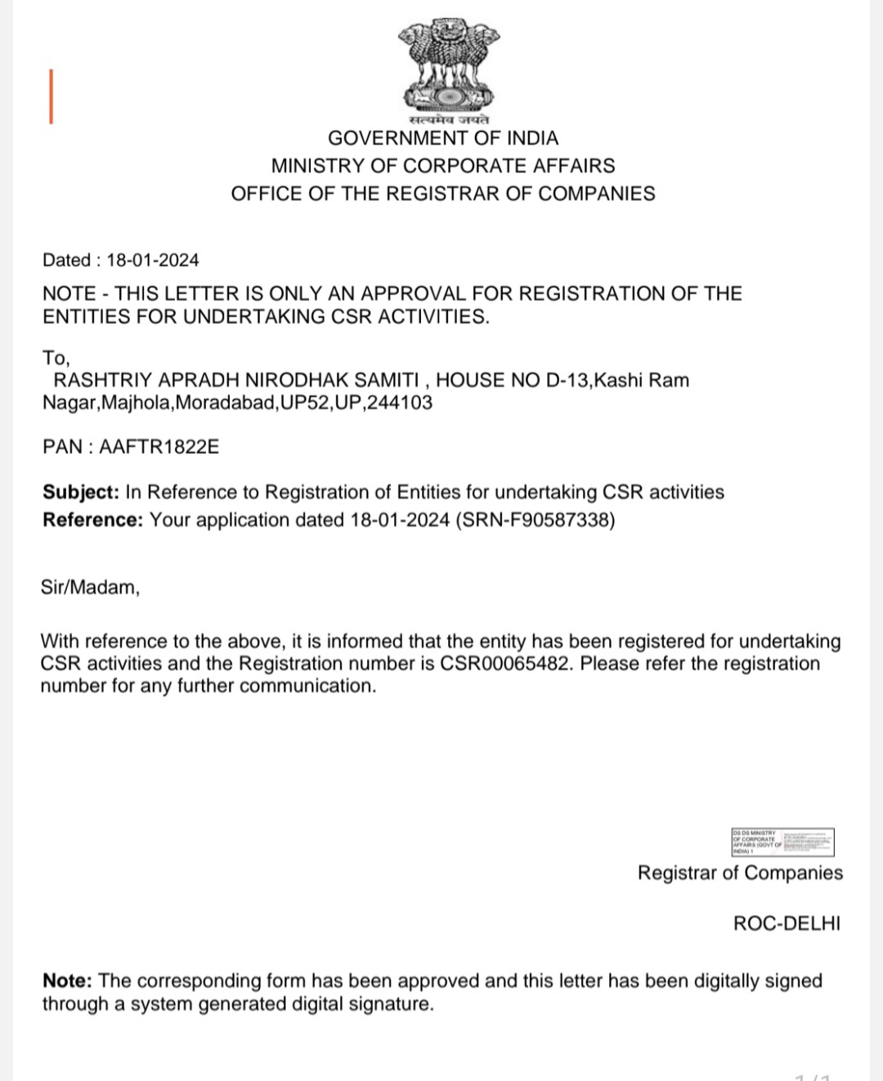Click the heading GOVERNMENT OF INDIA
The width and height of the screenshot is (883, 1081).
(x=443, y=138)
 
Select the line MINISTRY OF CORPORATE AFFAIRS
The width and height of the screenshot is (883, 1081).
(x=443, y=166)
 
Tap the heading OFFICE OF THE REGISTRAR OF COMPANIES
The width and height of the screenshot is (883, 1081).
(x=443, y=194)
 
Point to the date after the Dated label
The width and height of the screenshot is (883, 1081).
(x=153, y=260)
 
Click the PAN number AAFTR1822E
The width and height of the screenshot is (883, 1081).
(x=159, y=446)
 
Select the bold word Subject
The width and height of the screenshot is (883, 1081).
(x=81, y=492)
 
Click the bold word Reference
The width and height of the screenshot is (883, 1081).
(x=92, y=520)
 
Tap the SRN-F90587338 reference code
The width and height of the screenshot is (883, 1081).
(x=536, y=520)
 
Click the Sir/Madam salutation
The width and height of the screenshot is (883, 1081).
(x=90, y=587)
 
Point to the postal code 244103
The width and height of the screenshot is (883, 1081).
(x=400, y=402)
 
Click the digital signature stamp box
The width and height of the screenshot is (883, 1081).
(x=782, y=841)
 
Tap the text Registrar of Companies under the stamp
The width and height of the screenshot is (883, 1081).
(x=740, y=872)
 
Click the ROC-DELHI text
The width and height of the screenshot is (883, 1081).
(x=787, y=923)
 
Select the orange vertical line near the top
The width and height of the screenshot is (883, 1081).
(x=51, y=96)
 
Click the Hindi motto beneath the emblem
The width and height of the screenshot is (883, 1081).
(x=448, y=120)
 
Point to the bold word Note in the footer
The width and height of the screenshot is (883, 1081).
(x=67, y=980)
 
